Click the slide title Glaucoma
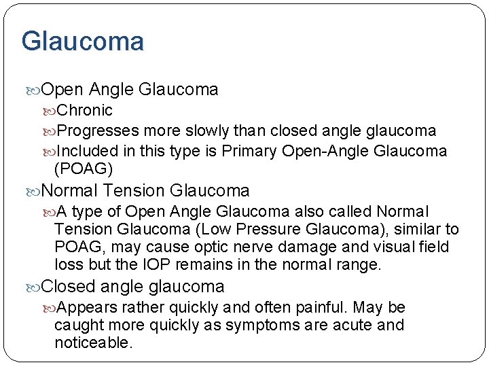point(82,41)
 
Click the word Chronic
point(85,110)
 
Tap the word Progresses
point(98,130)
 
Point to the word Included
point(86,151)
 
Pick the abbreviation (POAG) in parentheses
point(84,169)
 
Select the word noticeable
point(93,343)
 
